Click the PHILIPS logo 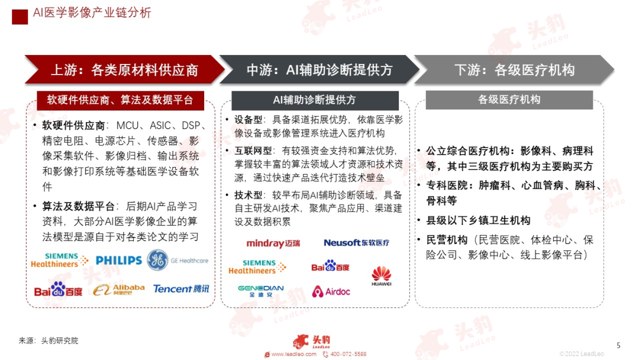click(x=118, y=260)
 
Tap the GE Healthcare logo click(x=177, y=260)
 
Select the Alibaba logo click(x=119, y=289)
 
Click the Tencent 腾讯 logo click(x=181, y=289)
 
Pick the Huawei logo click(x=381, y=277)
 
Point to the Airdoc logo click(x=331, y=291)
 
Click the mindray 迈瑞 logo click(x=273, y=243)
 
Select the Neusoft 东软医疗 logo click(x=356, y=243)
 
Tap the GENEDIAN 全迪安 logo click(x=260, y=291)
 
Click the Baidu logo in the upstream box click(x=57, y=290)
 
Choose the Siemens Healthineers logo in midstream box click(x=257, y=267)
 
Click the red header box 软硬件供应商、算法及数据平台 click(x=120, y=100)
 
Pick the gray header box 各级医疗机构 click(x=509, y=100)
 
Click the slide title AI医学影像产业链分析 click(x=92, y=12)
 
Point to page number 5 click(x=618, y=345)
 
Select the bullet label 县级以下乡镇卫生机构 click(x=478, y=220)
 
